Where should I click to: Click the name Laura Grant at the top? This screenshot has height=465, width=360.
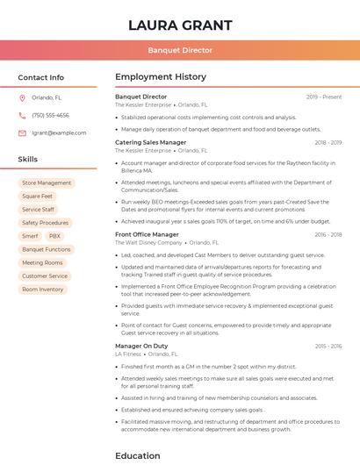click(180, 25)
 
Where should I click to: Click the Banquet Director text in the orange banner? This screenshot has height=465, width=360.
click(180, 51)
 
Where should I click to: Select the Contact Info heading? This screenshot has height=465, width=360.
click(41, 77)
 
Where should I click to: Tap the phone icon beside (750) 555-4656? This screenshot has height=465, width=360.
click(23, 116)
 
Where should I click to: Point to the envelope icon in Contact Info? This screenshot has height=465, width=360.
click(23, 132)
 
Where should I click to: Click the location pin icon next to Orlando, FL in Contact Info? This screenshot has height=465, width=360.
click(23, 98)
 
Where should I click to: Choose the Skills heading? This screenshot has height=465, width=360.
click(28, 160)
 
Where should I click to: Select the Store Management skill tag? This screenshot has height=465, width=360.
click(47, 183)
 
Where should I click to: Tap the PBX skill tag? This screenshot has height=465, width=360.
click(55, 236)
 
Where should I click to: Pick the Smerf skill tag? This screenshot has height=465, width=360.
click(31, 236)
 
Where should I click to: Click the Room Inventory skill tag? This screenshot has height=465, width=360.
click(43, 290)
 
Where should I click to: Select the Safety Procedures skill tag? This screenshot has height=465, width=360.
click(45, 223)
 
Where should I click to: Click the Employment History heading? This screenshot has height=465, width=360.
click(161, 77)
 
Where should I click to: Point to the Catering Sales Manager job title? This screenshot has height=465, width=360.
click(151, 142)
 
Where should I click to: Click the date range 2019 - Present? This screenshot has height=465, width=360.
click(324, 97)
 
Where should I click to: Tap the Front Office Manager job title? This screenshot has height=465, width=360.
click(147, 234)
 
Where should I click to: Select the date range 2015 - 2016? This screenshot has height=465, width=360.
click(328, 347)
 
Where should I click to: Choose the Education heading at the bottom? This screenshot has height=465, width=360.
click(138, 456)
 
